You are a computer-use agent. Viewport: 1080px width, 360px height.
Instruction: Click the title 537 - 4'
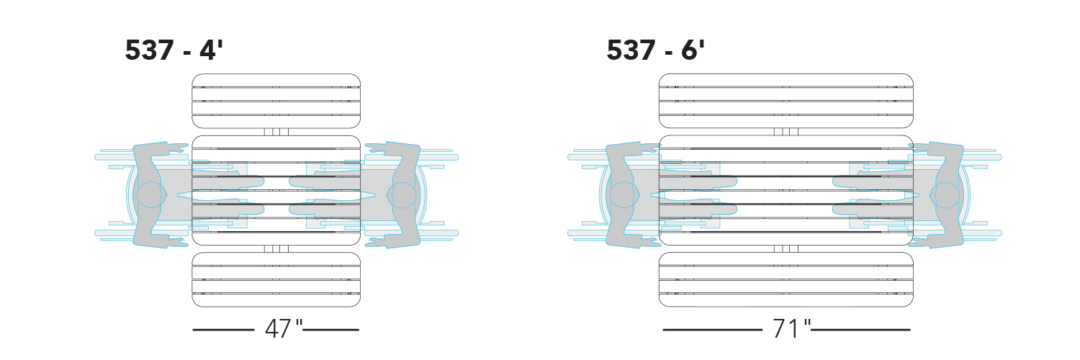point(174,50)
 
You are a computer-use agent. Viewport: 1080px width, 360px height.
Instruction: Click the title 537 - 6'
point(655,50)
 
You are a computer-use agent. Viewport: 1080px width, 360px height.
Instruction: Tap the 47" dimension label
point(284,329)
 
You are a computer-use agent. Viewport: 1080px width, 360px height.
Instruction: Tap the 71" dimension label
point(792,329)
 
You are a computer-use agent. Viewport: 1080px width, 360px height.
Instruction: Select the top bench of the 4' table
point(276,101)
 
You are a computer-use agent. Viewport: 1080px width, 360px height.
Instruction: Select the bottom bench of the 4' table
point(276,279)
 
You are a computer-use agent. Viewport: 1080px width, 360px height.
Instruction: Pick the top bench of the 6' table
point(786,101)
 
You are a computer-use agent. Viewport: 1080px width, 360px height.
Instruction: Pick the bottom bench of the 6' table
point(786,279)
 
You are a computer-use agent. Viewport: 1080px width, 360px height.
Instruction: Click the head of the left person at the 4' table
point(151,194)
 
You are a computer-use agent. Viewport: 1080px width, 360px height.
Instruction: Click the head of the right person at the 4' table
point(402,194)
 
